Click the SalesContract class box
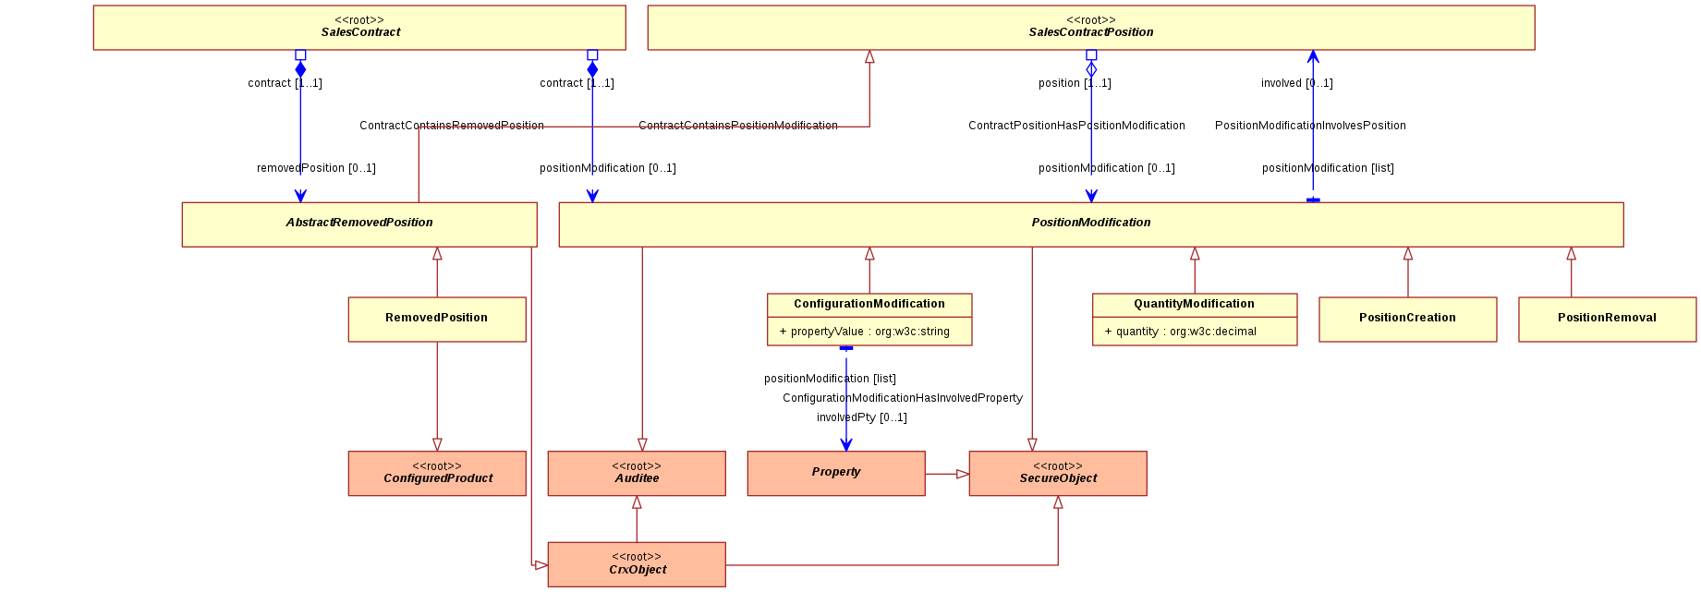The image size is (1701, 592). click(x=359, y=28)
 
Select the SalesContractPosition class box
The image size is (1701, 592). click(x=1091, y=28)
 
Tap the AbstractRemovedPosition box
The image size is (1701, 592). click(x=359, y=224)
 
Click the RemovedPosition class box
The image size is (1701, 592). click(x=437, y=320)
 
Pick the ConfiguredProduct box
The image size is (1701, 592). click(x=437, y=474)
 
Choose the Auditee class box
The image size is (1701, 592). click(x=637, y=474)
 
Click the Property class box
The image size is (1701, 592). click(x=836, y=474)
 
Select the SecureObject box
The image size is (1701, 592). click(x=1058, y=474)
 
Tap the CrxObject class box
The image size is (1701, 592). click(x=637, y=564)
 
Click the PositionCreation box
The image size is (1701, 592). click(x=1408, y=320)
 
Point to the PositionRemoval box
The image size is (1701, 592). click(x=1608, y=320)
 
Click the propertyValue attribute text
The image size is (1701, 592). click(x=865, y=332)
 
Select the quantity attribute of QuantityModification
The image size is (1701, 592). click(x=1181, y=332)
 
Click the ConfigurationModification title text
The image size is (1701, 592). click(x=869, y=304)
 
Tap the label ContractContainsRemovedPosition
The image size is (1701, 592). click(x=452, y=126)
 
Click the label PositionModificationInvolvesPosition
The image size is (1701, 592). click(x=1310, y=126)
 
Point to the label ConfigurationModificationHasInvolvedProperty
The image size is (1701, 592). click(x=903, y=398)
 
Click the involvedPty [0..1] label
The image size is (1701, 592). click(x=862, y=417)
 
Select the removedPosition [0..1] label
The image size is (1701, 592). click(x=316, y=168)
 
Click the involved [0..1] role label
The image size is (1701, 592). click(x=1297, y=83)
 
